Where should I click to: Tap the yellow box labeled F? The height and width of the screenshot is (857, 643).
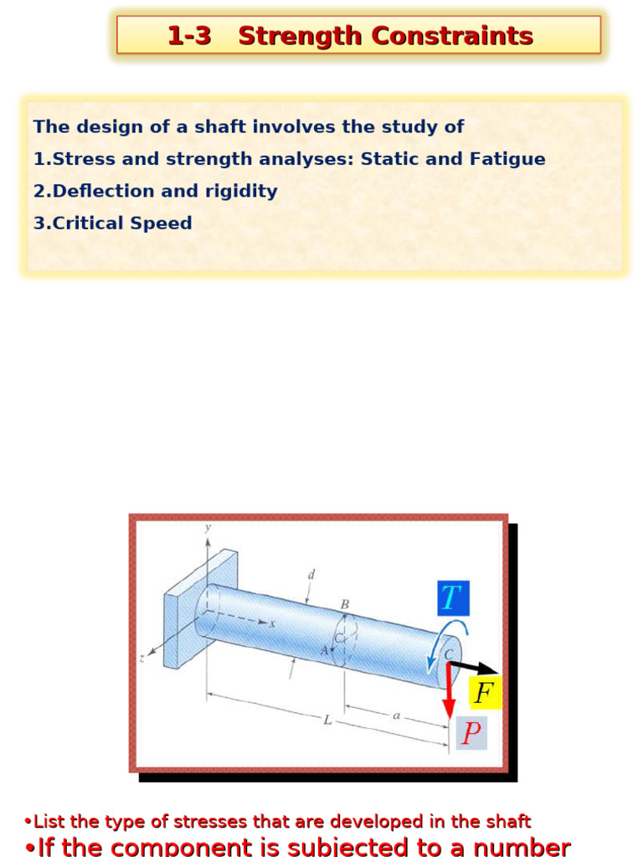483,693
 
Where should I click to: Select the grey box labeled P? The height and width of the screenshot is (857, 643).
471,733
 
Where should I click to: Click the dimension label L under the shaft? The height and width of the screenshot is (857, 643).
327,719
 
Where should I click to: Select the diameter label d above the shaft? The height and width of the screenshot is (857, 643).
311,575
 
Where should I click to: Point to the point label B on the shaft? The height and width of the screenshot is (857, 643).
343,603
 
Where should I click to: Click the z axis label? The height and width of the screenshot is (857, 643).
142,659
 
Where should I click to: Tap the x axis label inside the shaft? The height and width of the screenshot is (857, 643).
271,623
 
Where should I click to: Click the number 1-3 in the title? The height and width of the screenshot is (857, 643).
189,36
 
